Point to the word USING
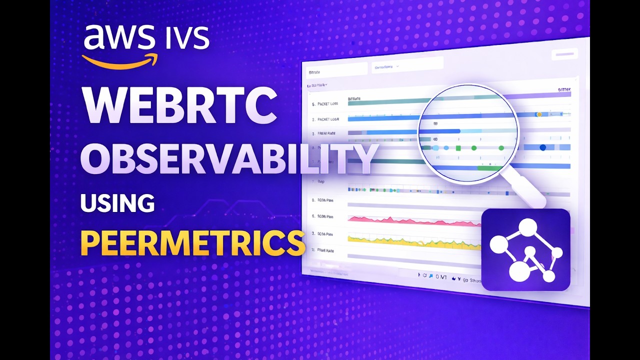pyautogui.click(x=117, y=203)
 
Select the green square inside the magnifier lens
pyautogui.click(x=457, y=148)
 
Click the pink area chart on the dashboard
pyautogui.click(x=410, y=220)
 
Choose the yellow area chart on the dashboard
pyautogui.click(x=410, y=241)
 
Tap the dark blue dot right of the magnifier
pyautogui.click(x=543, y=147)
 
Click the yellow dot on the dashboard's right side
pyautogui.click(x=539, y=114)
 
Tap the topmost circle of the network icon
pyautogui.click(x=527, y=228)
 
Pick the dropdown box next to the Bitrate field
pyautogui.click(x=407, y=65)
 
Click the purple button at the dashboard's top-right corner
pyautogui.click(x=564, y=54)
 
